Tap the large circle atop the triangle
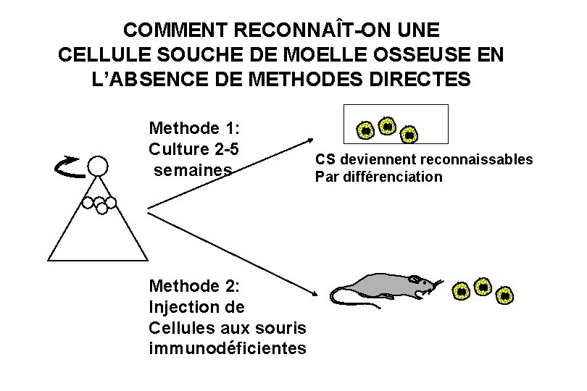pos(97,167)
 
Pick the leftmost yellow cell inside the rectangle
pos(366,130)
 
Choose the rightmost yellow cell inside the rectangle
pos(409,134)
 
